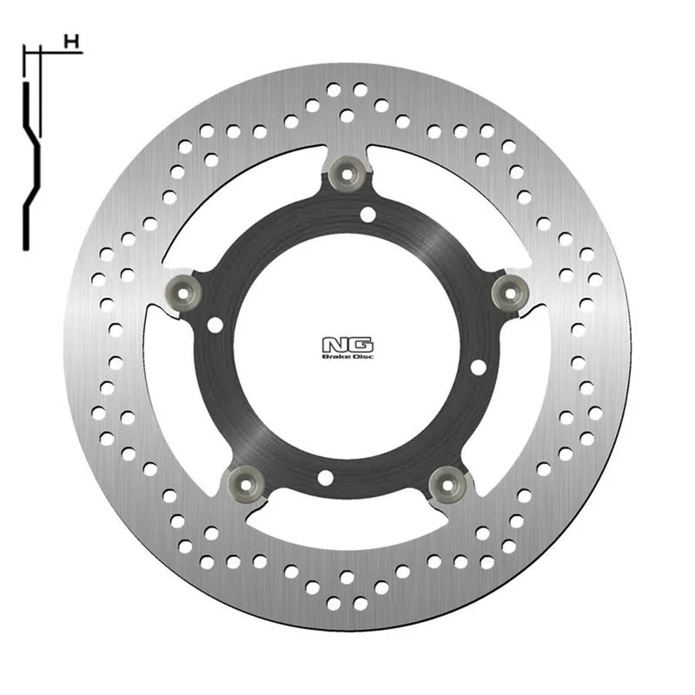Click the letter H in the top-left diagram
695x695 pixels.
71,42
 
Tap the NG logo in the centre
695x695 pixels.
347,345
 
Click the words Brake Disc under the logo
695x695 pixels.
347,356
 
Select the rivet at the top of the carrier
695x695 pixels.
347,175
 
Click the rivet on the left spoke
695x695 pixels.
183,292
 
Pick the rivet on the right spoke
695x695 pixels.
511,293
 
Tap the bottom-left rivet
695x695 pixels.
245,485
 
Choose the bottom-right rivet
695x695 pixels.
447,485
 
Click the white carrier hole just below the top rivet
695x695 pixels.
367,215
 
